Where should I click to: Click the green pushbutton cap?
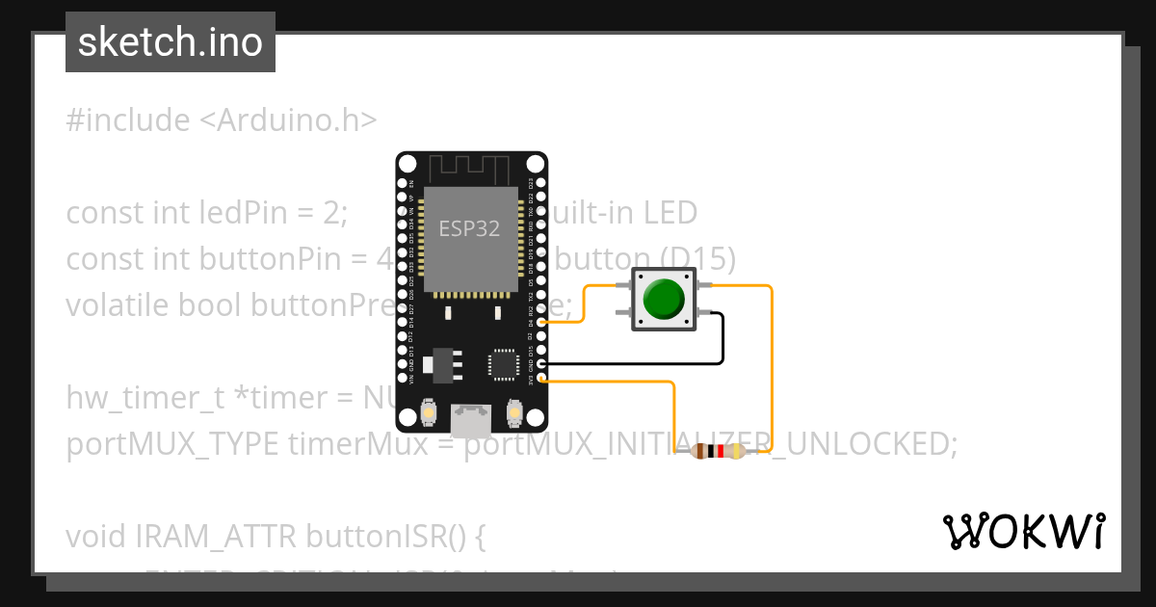click(662, 299)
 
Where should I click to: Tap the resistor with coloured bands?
click(722, 451)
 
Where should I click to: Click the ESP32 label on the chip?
click(469, 228)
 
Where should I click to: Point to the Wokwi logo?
click(1023, 532)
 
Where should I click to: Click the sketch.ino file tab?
click(171, 42)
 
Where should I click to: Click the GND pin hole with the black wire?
click(542, 363)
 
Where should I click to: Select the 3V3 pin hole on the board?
click(542, 378)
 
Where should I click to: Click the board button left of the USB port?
click(427, 414)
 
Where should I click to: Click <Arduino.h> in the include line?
click(288, 120)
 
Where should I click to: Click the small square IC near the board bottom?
click(503, 364)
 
